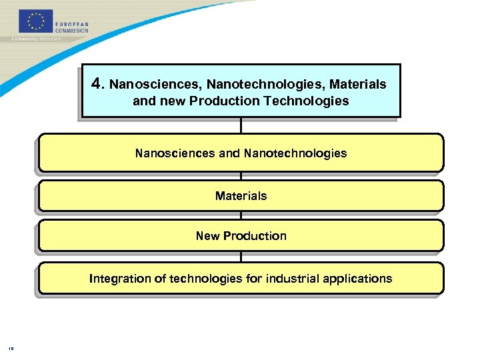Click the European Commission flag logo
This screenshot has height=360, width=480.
click(x=35, y=21)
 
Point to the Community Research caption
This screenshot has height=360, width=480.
click(x=37, y=39)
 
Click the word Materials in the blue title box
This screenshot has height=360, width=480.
click(x=357, y=85)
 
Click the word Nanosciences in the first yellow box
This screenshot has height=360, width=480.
click(x=175, y=153)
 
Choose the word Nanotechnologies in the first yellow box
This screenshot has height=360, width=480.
click(x=295, y=153)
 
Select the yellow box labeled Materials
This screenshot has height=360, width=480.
click(x=241, y=196)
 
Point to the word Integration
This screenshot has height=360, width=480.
click(x=120, y=279)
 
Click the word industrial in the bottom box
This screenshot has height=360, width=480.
click(x=292, y=279)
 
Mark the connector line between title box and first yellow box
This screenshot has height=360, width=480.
click(x=241, y=125)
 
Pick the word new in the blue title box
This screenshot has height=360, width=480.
click(x=171, y=101)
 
